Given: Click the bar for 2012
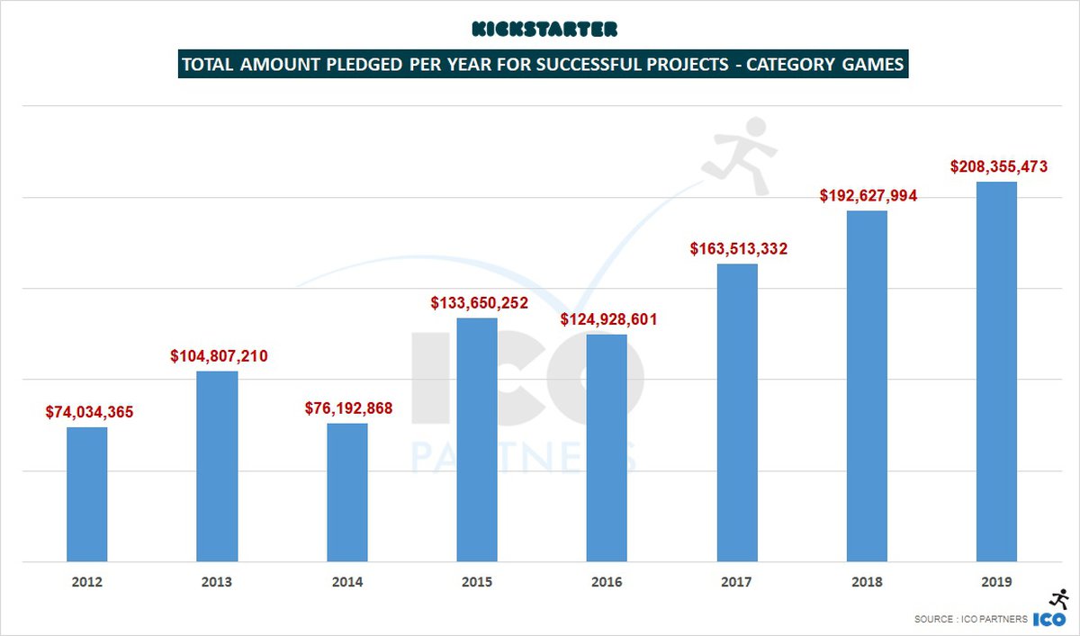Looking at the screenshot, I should coord(87,494).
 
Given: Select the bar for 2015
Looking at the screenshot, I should coord(477,440).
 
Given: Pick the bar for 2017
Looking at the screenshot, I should coord(737,413).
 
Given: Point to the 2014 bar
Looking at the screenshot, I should coord(347,492).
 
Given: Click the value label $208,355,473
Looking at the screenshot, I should coord(999,166).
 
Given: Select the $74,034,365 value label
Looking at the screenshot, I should coord(89,412).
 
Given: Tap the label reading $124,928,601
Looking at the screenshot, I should coord(608,319).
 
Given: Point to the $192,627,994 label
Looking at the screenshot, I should coord(868,195).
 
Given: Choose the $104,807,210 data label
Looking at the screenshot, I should coord(219,356).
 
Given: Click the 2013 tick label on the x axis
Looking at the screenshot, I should coord(217,582).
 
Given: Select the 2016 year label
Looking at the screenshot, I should coord(607,582).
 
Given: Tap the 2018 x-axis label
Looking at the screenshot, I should coord(867,582).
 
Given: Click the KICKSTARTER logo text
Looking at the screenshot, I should coord(544,30).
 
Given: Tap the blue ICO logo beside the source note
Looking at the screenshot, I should coord(1048,620).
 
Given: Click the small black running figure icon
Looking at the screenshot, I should coord(1058,598).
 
